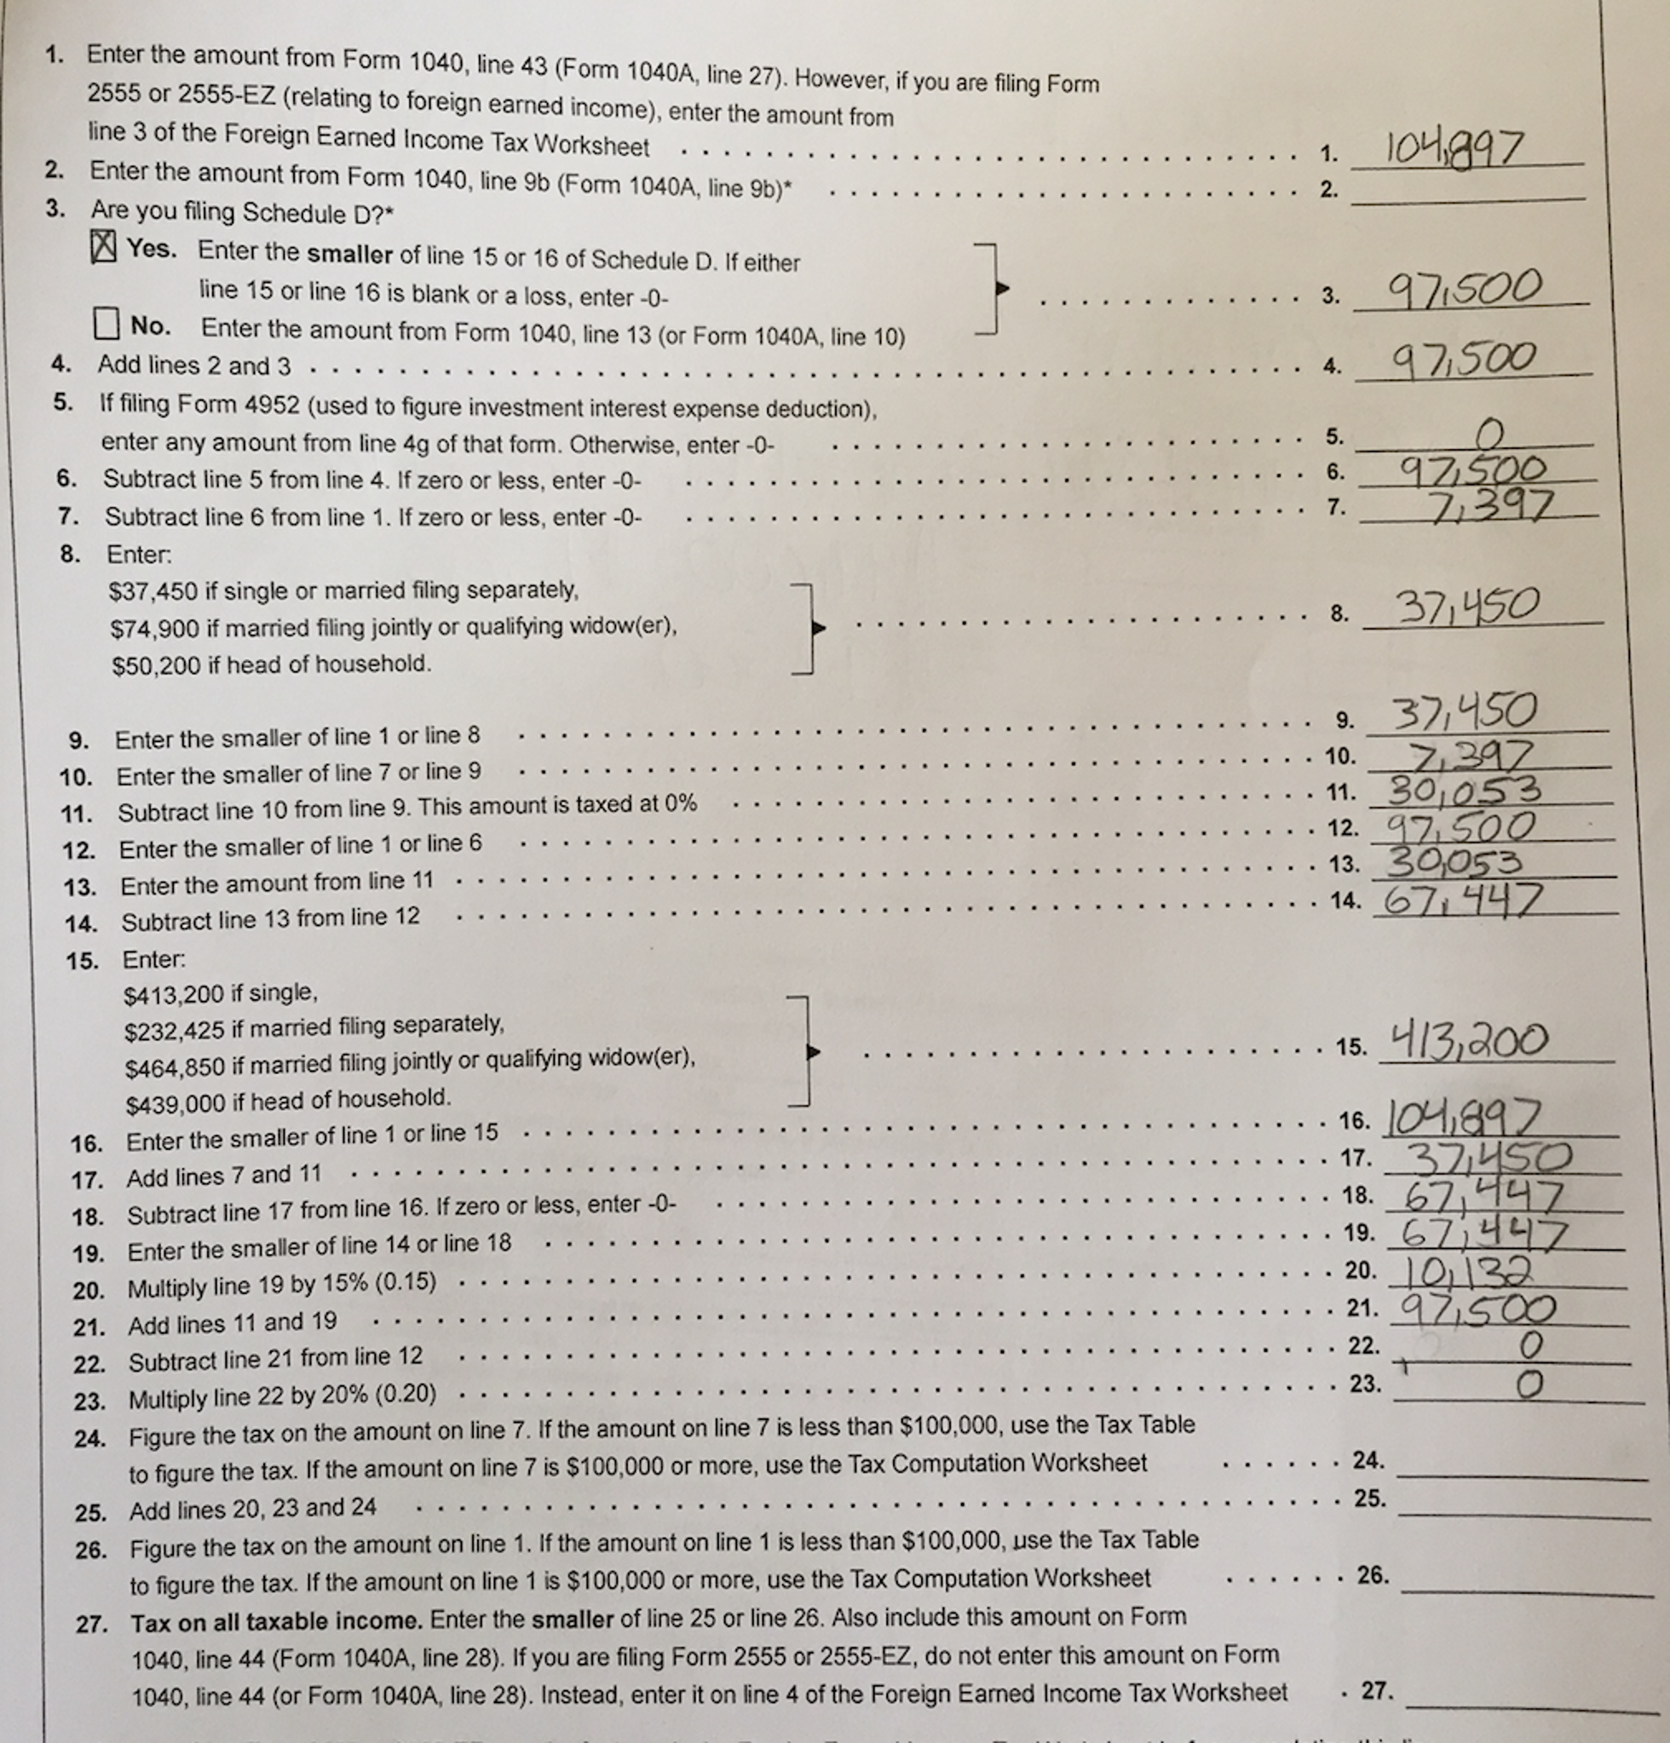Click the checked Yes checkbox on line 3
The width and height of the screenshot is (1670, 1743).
point(103,246)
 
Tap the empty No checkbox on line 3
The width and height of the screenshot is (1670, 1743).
point(106,323)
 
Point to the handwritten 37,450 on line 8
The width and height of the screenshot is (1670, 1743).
point(1468,607)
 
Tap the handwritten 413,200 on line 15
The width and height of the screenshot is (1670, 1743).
point(1469,1039)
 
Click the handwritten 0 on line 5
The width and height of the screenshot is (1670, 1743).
point(1489,434)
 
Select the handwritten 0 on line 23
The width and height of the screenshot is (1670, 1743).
point(1529,1384)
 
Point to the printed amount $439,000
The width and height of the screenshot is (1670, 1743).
point(176,1103)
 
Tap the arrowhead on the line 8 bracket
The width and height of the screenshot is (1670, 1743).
point(819,629)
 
